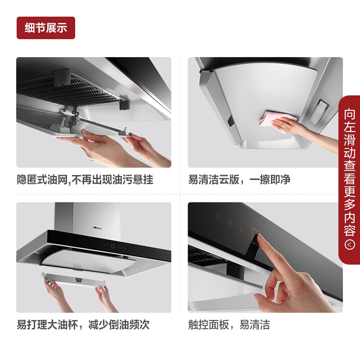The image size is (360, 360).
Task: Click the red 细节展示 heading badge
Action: [46, 28]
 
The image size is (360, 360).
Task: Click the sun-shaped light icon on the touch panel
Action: [218, 216]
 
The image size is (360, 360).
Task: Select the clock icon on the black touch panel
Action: [230, 223]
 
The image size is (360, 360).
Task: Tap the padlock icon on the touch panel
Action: [241, 229]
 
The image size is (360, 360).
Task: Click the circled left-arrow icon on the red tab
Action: [350, 245]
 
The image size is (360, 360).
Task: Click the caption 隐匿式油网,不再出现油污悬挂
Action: [85, 180]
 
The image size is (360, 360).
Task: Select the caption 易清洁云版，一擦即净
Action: [239, 180]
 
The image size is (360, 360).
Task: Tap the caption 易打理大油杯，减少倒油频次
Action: [83, 324]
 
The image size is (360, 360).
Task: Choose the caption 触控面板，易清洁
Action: [229, 324]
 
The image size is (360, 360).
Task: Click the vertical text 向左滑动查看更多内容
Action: [350, 172]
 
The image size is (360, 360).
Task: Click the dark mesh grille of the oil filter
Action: [67, 92]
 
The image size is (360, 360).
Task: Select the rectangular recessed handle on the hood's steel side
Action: [318, 112]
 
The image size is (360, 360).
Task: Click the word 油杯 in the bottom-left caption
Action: [68, 324]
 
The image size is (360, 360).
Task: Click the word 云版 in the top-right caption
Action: [229, 180]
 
